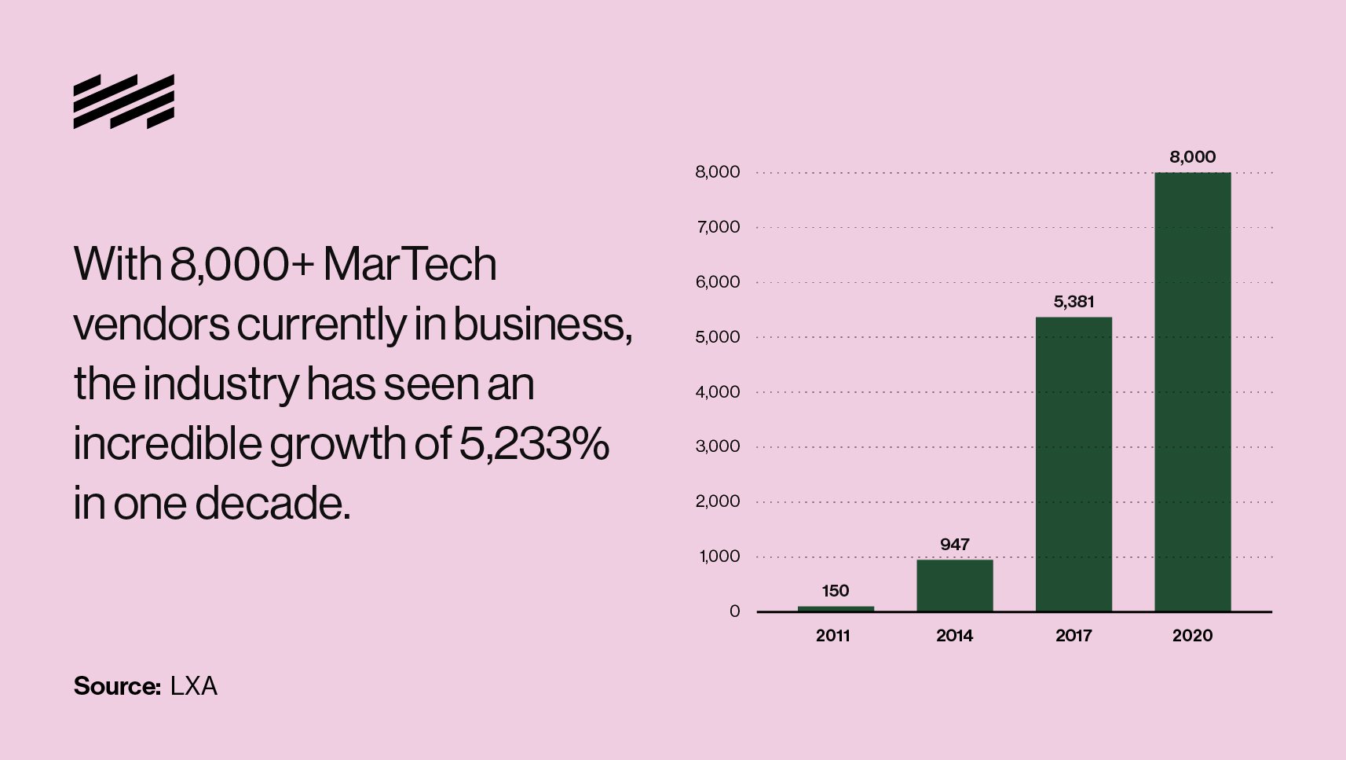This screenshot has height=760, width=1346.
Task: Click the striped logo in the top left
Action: point(123,101)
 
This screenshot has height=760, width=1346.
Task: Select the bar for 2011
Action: point(836,608)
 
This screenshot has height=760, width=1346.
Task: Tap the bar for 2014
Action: point(954,585)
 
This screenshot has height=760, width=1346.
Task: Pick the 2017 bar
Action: point(1074,464)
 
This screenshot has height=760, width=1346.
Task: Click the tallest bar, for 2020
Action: point(1192,391)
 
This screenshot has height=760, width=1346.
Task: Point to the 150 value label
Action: point(836,590)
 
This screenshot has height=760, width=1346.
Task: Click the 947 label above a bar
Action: point(954,544)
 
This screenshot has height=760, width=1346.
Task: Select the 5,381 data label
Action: point(1074,301)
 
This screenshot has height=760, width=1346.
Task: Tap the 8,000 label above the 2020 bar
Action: point(1192,156)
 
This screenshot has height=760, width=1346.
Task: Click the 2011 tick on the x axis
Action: point(833,635)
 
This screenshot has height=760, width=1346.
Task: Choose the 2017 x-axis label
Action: point(1074,635)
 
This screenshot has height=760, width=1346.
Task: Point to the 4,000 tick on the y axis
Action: point(717,391)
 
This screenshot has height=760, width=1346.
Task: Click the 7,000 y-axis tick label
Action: point(717,227)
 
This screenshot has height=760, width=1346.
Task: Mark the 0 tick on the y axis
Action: point(734,611)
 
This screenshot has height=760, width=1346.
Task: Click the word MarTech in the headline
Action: point(410,264)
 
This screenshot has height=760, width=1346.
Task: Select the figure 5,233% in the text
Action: point(533,443)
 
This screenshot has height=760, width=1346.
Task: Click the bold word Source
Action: point(117,686)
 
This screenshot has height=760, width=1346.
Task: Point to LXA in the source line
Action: point(193,686)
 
